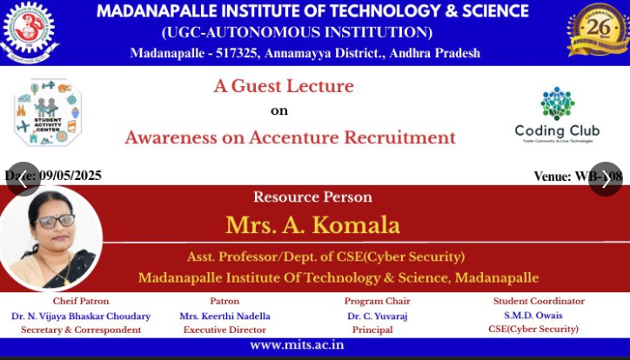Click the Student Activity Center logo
click(x=48, y=111)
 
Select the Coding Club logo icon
click(x=557, y=103)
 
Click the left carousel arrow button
click(x=23, y=179)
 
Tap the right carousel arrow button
click(x=606, y=179)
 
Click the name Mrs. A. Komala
click(x=312, y=225)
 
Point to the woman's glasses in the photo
click(x=52, y=222)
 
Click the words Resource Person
click(x=312, y=197)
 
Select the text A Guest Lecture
click(x=284, y=86)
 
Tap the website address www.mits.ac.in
click(x=297, y=345)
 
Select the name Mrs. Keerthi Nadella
click(x=225, y=317)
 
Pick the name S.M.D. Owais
click(x=533, y=315)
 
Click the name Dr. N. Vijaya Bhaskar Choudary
click(x=81, y=317)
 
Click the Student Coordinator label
click(x=533, y=302)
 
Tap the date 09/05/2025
click(x=70, y=176)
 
